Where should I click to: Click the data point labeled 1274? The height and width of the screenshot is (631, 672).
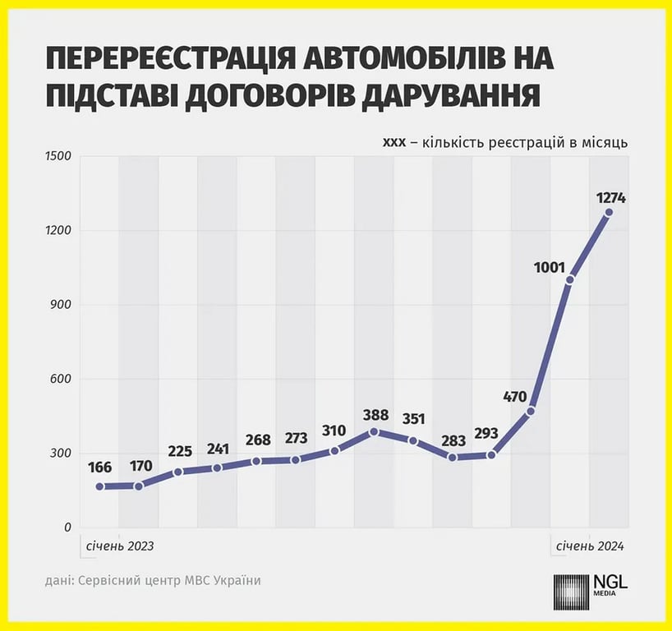609,212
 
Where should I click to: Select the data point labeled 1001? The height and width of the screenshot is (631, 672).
569,279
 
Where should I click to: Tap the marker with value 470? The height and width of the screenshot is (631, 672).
531,411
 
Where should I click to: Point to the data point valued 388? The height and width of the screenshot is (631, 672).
374,431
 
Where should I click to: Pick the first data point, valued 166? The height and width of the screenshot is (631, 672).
99,486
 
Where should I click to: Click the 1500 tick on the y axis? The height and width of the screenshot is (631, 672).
58,156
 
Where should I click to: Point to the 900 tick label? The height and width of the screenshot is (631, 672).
62,305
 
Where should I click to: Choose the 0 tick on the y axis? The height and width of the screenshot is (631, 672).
67,527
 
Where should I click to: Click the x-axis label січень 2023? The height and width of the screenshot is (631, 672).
117,546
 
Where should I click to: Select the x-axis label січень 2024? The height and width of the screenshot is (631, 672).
590,546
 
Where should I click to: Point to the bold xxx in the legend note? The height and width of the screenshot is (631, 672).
394,142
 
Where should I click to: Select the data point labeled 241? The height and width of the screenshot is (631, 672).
217,467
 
